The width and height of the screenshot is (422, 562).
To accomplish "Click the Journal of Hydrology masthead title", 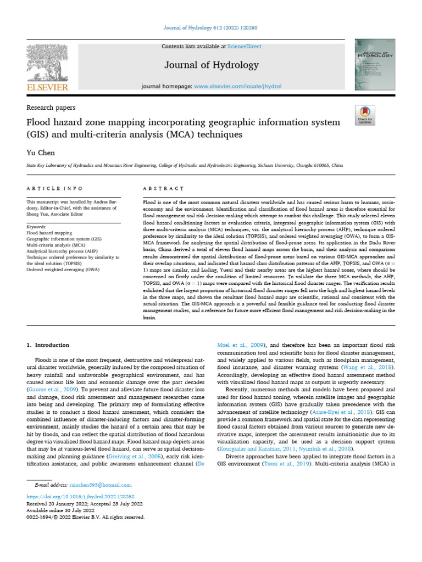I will (212, 65).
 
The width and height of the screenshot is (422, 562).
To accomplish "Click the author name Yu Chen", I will (40, 153).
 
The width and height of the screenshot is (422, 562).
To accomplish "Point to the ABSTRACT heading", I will (163, 188).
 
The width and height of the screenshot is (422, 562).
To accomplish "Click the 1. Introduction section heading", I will (48, 345).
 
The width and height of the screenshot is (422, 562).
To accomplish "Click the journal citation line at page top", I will (211, 28).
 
